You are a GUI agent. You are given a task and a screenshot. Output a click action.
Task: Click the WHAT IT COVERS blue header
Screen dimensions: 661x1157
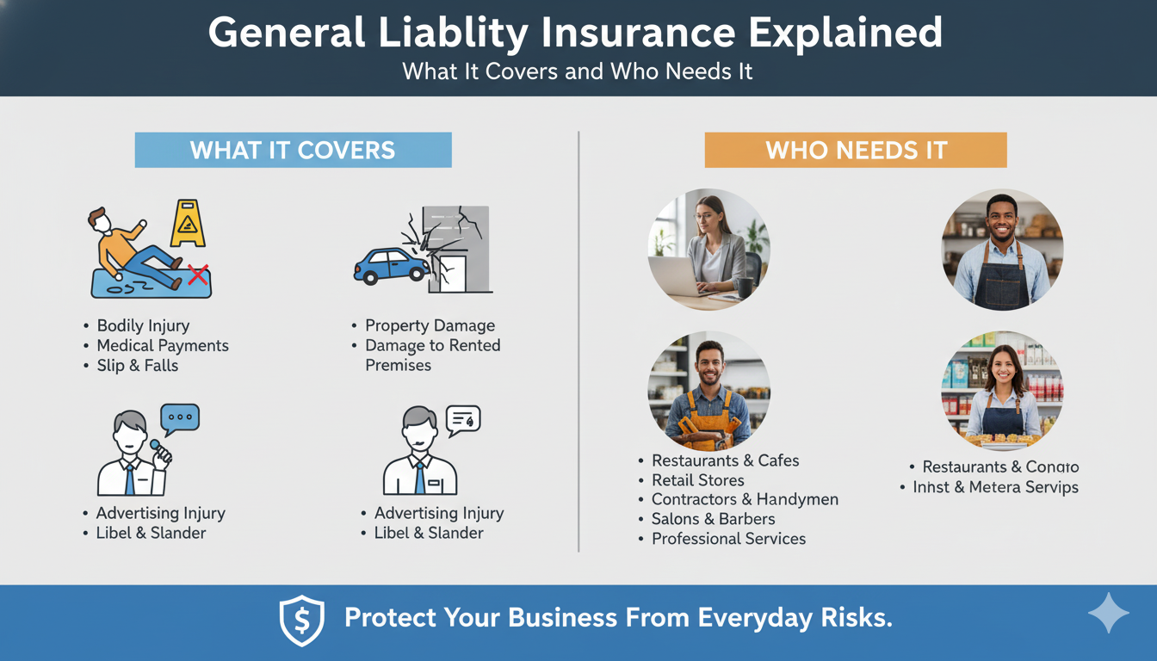click(x=293, y=150)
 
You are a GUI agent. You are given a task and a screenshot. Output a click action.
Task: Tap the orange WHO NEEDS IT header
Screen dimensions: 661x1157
click(x=856, y=150)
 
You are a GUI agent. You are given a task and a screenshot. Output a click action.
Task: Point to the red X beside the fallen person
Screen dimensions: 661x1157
click(x=198, y=275)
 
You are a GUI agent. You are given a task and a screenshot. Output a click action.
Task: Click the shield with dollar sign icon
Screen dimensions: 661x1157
click(x=302, y=620)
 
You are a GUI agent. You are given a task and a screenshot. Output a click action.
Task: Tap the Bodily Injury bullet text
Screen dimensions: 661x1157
click(x=143, y=325)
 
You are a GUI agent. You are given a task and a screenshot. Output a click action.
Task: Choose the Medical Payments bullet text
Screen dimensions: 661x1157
click(x=163, y=345)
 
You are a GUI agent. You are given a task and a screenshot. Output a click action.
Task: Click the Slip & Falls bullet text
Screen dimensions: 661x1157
click(x=138, y=365)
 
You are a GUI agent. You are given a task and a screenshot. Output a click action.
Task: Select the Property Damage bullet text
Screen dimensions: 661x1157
click(x=430, y=325)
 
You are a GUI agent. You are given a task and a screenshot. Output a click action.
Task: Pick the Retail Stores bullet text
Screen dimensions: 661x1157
click(x=697, y=480)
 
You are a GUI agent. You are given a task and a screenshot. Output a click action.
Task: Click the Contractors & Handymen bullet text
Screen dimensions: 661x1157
click(x=745, y=499)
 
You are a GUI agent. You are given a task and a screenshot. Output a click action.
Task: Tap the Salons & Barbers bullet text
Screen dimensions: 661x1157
click(x=713, y=519)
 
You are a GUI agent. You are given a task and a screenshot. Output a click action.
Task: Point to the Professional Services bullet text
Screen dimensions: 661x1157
click(x=728, y=539)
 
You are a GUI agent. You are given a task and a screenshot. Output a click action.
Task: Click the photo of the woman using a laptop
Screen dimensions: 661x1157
click(x=708, y=250)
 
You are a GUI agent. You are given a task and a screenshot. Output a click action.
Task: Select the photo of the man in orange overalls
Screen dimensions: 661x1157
click(x=708, y=392)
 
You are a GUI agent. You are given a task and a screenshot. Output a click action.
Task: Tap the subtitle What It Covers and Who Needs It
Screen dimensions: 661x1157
click(x=578, y=71)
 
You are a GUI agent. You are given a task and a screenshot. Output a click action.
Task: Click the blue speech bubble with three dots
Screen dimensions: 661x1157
click(x=180, y=417)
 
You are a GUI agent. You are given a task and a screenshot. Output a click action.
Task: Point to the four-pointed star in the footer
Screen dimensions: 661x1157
click(x=1108, y=614)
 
